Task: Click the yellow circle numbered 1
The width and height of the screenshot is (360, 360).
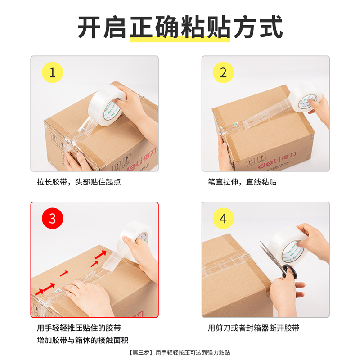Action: [x=52, y=73]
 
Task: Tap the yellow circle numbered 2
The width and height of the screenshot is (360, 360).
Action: [x=223, y=73]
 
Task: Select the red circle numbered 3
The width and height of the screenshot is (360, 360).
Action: [x=52, y=219]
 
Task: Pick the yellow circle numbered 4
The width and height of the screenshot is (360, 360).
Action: [x=223, y=219]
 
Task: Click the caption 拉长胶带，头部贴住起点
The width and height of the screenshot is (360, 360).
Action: [x=79, y=182]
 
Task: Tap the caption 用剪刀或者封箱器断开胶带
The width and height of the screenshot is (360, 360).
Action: [x=253, y=328]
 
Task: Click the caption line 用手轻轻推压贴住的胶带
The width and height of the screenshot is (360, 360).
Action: [x=79, y=328]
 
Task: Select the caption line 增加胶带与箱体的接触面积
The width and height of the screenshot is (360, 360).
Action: [x=83, y=340]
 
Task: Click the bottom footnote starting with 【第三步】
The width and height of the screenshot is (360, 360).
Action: [x=180, y=353]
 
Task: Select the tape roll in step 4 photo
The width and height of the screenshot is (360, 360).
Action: [x=288, y=247]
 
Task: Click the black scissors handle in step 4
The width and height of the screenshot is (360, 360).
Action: [x=288, y=272]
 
